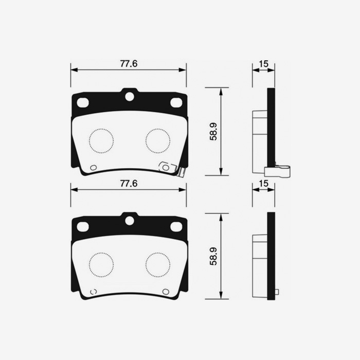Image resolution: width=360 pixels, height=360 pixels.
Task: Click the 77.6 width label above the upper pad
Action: (129, 64)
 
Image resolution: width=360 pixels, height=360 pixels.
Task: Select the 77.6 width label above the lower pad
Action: (129, 184)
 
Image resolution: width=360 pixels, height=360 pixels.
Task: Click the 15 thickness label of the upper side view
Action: (263, 64)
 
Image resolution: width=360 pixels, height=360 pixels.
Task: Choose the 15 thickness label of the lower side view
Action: (263, 184)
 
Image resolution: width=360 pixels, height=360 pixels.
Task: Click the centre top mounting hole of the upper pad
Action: (130, 96)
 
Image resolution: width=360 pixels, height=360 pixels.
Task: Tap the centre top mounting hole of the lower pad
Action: (130, 220)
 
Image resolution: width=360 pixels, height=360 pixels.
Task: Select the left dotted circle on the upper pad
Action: (100, 140)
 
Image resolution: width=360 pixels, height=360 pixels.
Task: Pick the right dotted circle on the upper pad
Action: (157, 140)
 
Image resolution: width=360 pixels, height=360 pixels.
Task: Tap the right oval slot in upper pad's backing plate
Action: (176, 102)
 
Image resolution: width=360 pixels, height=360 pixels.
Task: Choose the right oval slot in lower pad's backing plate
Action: (176, 226)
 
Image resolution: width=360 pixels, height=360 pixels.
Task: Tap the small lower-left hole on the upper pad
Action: (93, 167)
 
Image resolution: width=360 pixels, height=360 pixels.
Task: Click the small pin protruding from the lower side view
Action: (277, 292)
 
